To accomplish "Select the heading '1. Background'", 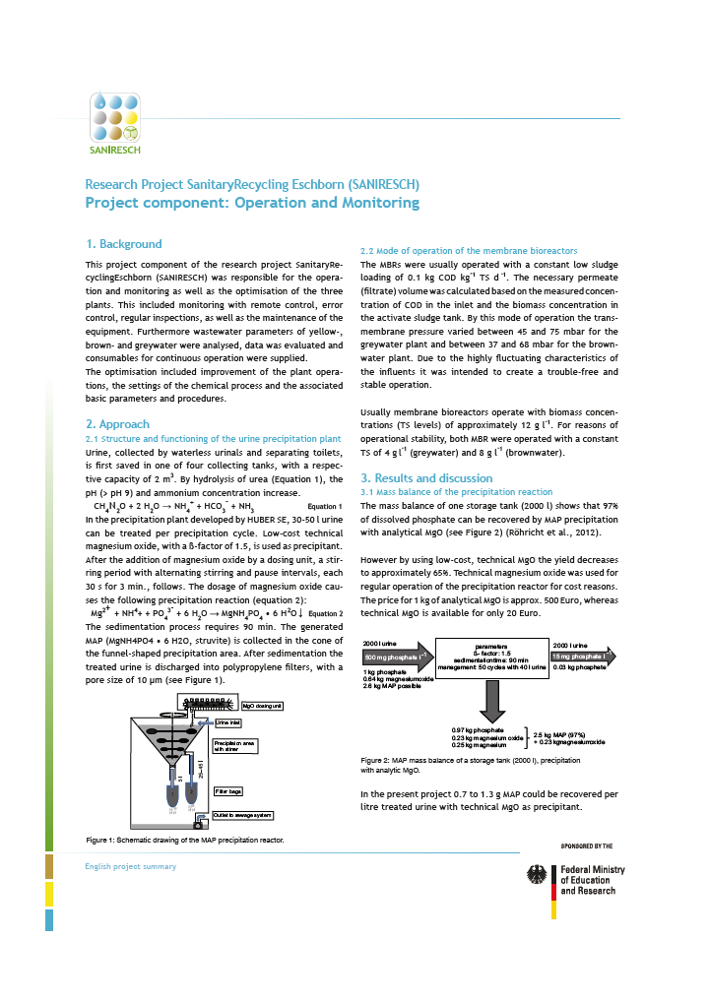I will click(x=123, y=244).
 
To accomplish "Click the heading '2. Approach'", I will click(x=118, y=424).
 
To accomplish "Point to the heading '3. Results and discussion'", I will click(x=426, y=477).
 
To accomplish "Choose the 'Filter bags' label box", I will click(x=228, y=791).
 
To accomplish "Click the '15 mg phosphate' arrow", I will click(x=584, y=657).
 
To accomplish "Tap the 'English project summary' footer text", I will click(x=131, y=866).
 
